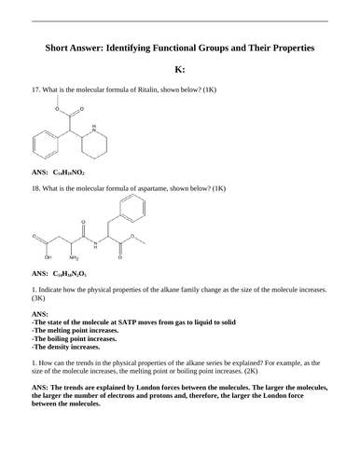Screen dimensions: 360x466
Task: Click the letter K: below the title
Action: [x=180, y=69]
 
